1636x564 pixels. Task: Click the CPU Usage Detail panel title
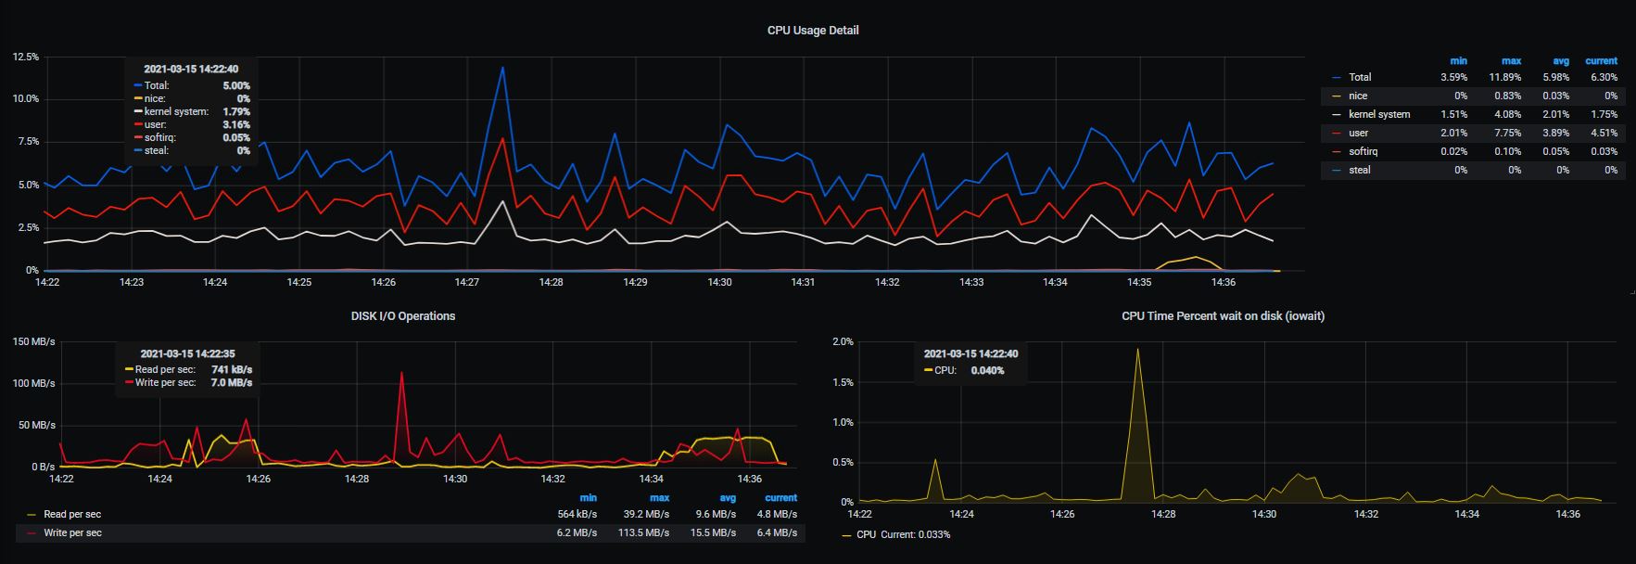point(813,30)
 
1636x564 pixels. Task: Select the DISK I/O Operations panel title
point(402,315)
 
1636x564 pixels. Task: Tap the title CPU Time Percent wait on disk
point(1223,315)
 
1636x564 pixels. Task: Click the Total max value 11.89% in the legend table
point(1504,77)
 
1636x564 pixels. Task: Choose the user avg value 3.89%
point(1556,133)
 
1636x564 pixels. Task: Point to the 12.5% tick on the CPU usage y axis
point(26,57)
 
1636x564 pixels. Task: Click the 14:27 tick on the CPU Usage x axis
point(467,282)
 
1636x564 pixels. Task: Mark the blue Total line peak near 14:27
point(502,67)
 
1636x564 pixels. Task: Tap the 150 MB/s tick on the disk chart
point(33,341)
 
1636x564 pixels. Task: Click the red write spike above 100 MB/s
point(401,373)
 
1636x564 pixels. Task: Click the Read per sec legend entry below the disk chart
point(72,514)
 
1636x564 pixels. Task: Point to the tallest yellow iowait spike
point(1137,350)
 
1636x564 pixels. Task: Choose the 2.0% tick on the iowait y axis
point(843,341)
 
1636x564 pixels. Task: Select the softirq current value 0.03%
point(1603,151)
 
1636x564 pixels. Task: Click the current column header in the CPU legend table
point(1601,60)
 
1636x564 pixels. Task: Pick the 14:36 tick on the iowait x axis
point(1567,513)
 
